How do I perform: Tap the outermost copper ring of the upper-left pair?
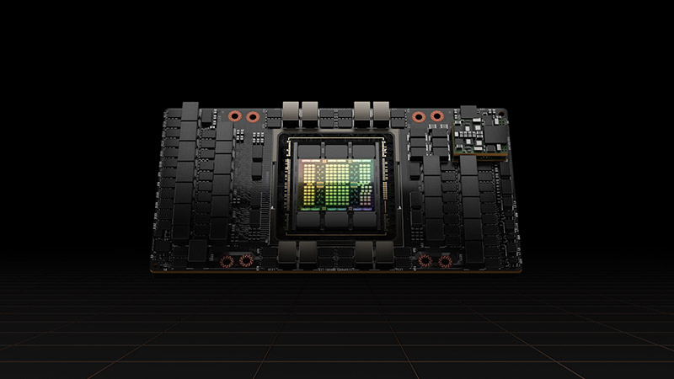pyautogui.click(x=237, y=117)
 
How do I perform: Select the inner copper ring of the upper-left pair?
pyautogui.click(x=254, y=117)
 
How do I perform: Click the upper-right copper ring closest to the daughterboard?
pyautogui.click(x=436, y=116)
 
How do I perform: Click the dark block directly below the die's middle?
pyautogui.click(x=337, y=222)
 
